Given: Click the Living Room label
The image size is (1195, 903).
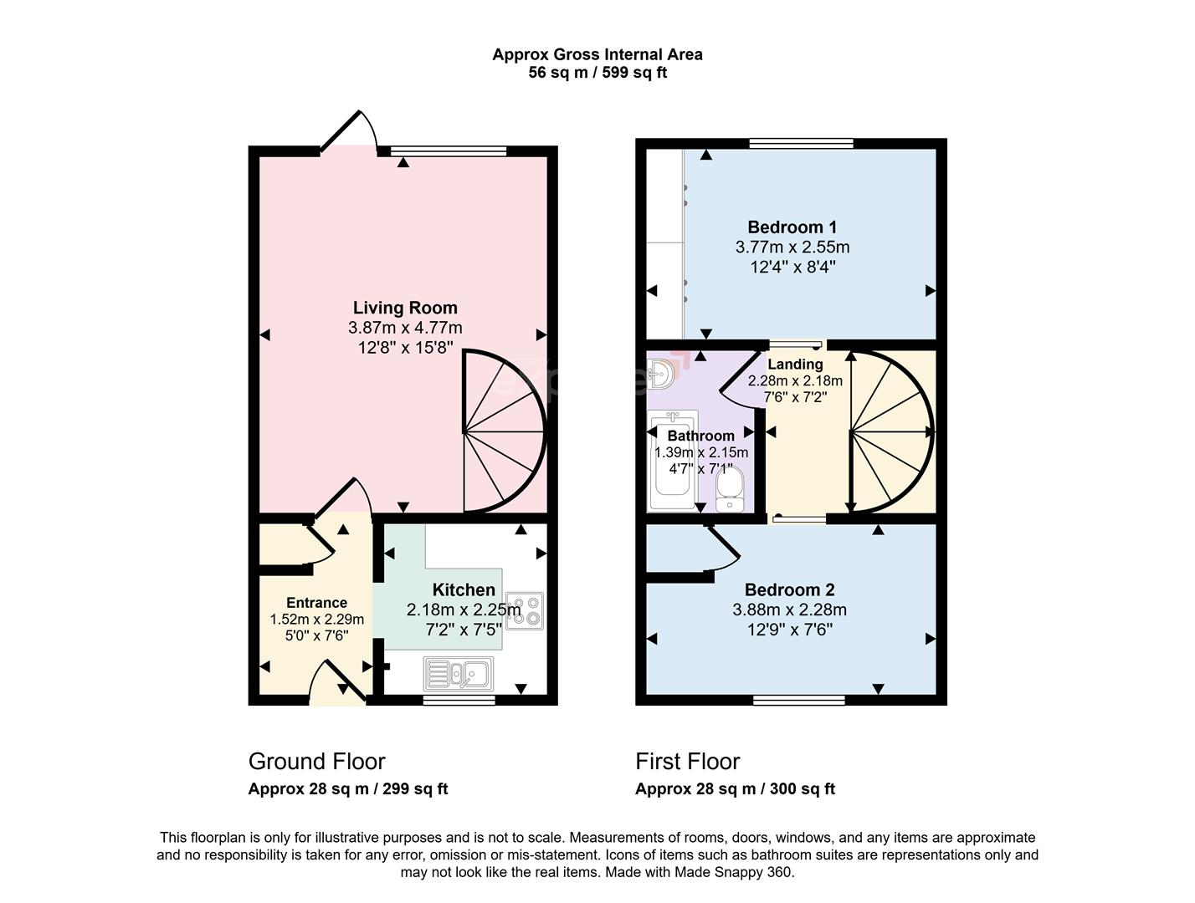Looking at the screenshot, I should click(405, 308).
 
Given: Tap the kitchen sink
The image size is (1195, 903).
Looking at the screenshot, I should click(459, 673).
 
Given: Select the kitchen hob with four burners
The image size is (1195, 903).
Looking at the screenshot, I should click(525, 610).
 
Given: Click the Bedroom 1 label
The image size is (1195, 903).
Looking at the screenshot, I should click(792, 227).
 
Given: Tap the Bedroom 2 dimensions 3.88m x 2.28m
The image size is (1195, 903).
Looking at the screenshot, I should click(789, 610).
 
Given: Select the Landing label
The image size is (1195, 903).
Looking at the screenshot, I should click(795, 365).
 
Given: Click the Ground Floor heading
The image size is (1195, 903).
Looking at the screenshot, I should click(316, 762).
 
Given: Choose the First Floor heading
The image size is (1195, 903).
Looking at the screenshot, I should click(687, 762).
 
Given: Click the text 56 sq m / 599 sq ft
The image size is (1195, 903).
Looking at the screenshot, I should click(597, 73).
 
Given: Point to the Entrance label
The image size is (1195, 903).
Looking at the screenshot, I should click(316, 603).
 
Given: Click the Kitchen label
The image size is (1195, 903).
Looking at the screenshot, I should click(464, 590).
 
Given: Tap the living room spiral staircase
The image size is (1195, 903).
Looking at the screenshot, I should click(502, 431).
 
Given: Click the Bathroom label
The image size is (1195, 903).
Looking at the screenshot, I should click(700, 436).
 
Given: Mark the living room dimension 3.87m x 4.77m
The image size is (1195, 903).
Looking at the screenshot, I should click(405, 328).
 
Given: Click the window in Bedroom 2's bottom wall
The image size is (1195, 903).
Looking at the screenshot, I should click(798, 700).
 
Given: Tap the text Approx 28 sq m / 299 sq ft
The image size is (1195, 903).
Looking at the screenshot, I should click(347, 789).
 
